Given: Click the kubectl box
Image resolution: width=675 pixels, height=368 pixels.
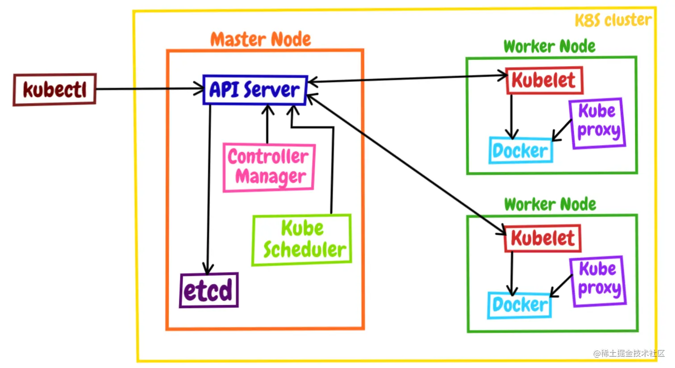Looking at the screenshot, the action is click(x=54, y=89).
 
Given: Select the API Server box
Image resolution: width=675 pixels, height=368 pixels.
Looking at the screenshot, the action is click(x=255, y=90).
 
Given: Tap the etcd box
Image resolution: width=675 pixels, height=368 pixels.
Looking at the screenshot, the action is click(x=209, y=290).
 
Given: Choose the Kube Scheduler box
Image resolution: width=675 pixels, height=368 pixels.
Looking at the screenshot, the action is click(x=302, y=240).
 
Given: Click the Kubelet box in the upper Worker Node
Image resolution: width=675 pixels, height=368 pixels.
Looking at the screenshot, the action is click(x=544, y=80).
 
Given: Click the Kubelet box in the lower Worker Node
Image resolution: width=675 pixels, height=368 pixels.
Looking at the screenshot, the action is click(x=543, y=238).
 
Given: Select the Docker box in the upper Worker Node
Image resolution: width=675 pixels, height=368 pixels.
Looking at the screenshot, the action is click(x=521, y=150).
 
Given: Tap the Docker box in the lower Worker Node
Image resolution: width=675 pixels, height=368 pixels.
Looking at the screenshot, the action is click(x=520, y=305).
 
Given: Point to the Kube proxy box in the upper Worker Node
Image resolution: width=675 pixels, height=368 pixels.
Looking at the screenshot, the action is click(x=598, y=123).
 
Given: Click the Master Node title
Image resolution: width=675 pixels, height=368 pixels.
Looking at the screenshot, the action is click(x=261, y=39).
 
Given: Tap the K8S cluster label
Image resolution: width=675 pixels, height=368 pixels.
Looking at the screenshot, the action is click(x=613, y=20).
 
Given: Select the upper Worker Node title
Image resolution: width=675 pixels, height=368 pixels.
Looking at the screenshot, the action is click(x=550, y=46).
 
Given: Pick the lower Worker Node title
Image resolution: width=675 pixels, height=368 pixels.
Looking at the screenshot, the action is click(x=550, y=205).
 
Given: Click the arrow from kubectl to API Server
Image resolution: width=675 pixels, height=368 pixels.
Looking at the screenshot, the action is click(x=150, y=89).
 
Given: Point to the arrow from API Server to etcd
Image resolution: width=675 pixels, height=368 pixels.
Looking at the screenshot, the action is click(x=209, y=189).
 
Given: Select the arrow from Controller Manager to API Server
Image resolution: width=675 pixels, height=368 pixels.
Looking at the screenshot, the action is click(x=267, y=124).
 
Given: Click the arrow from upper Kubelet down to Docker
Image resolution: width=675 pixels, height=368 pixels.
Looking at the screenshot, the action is click(x=511, y=117).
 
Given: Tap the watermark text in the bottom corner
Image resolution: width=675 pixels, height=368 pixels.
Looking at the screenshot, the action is click(x=629, y=353).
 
